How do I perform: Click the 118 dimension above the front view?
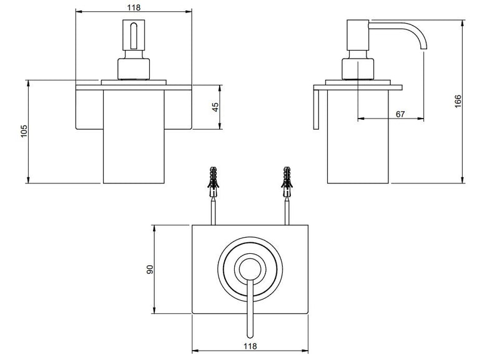pos(134,7)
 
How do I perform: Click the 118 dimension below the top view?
pos(250,346)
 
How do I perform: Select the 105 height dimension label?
pos(24,131)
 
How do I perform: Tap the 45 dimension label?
pos(215,107)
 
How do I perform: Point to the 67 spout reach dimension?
pos(400,114)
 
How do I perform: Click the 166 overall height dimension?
pos(458,102)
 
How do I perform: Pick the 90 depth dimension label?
pos(150,270)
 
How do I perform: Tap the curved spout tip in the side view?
pos(424,47)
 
